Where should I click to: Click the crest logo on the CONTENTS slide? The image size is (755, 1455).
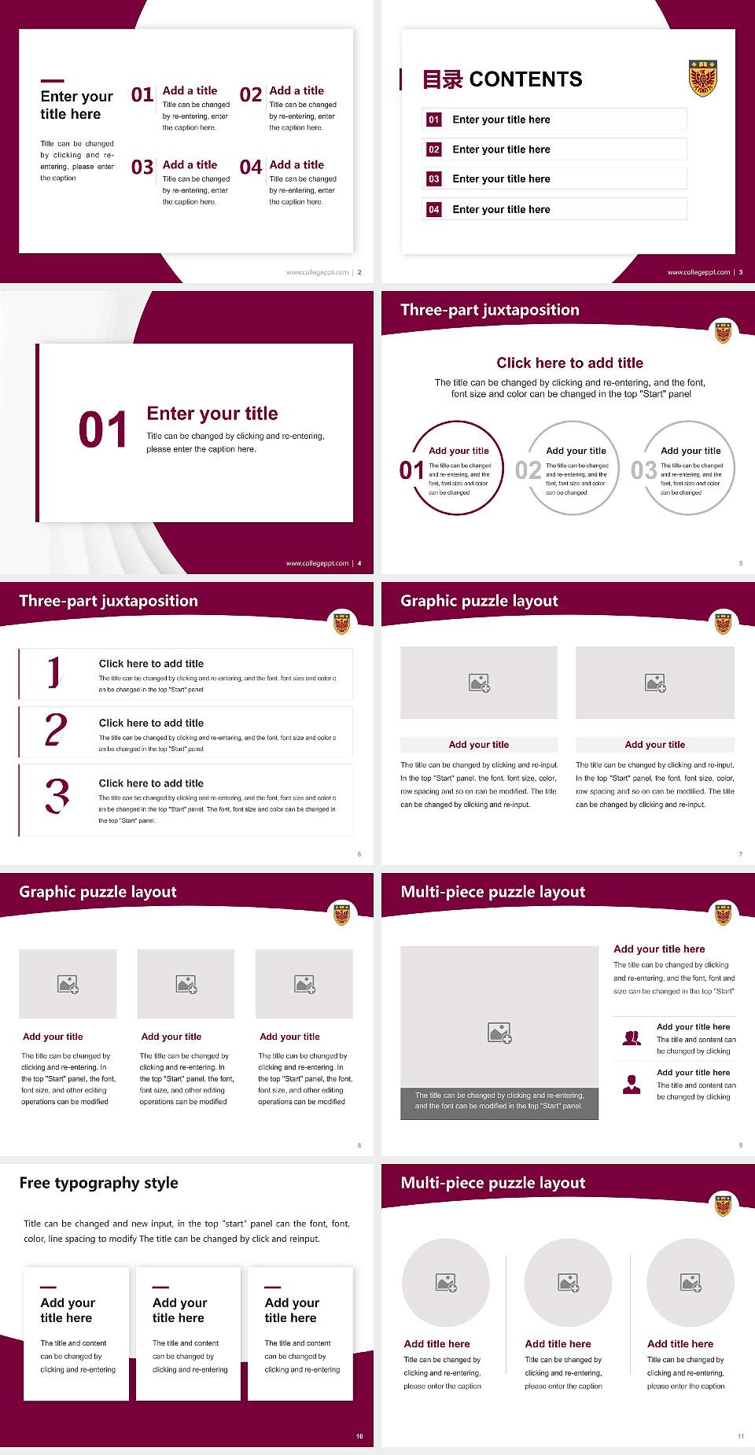702,78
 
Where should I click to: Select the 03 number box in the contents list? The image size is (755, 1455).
434,179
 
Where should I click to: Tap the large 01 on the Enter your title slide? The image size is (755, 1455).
102,430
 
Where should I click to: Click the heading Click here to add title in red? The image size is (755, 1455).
569,363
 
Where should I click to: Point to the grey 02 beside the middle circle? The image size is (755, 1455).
528,470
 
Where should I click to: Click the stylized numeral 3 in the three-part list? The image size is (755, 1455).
57,796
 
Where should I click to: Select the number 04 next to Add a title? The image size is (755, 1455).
251,168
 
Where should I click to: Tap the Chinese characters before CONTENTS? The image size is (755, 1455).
442,79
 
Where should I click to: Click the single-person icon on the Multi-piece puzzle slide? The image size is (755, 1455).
632,1085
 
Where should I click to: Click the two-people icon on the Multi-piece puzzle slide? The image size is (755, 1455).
632,1038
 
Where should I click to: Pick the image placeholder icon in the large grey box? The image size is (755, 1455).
499,1033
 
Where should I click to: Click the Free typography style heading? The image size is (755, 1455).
98,1183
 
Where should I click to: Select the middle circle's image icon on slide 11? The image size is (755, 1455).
569,1283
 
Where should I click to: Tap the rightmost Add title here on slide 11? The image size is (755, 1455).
680,1344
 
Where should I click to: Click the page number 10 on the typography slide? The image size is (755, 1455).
359,1436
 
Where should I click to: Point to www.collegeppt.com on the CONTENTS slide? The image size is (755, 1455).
698,272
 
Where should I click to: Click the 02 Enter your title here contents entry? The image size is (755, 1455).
501,149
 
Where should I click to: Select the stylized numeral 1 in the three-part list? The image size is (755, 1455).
53,672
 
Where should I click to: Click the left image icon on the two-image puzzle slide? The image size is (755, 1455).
479,683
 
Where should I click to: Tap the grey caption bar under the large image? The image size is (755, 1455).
499,1100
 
